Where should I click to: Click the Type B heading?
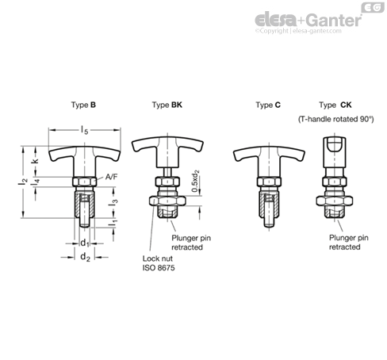click(x=83, y=105)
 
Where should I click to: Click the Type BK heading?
click(x=167, y=105)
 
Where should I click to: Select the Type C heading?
click(x=268, y=105)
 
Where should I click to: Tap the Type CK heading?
click(x=335, y=105)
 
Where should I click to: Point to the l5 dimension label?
click(x=85, y=130)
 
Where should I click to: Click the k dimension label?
click(x=35, y=161)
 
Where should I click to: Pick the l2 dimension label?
click(x=23, y=182)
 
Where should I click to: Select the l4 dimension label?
click(x=35, y=182)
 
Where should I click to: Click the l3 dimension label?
click(x=113, y=202)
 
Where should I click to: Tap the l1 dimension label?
click(x=113, y=223)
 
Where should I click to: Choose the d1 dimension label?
click(x=85, y=243)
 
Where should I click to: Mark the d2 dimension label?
click(x=85, y=257)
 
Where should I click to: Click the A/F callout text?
click(x=111, y=177)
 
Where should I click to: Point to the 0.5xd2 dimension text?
click(x=195, y=181)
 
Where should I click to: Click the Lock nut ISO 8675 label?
click(x=159, y=263)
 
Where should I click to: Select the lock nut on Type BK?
click(x=167, y=201)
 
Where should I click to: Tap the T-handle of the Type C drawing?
click(x=269, y=157)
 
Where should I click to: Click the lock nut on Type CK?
click(x=335, y=201)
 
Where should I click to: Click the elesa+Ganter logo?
click(x=308, y=21)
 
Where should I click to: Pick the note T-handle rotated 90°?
click(x=336, y=119)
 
